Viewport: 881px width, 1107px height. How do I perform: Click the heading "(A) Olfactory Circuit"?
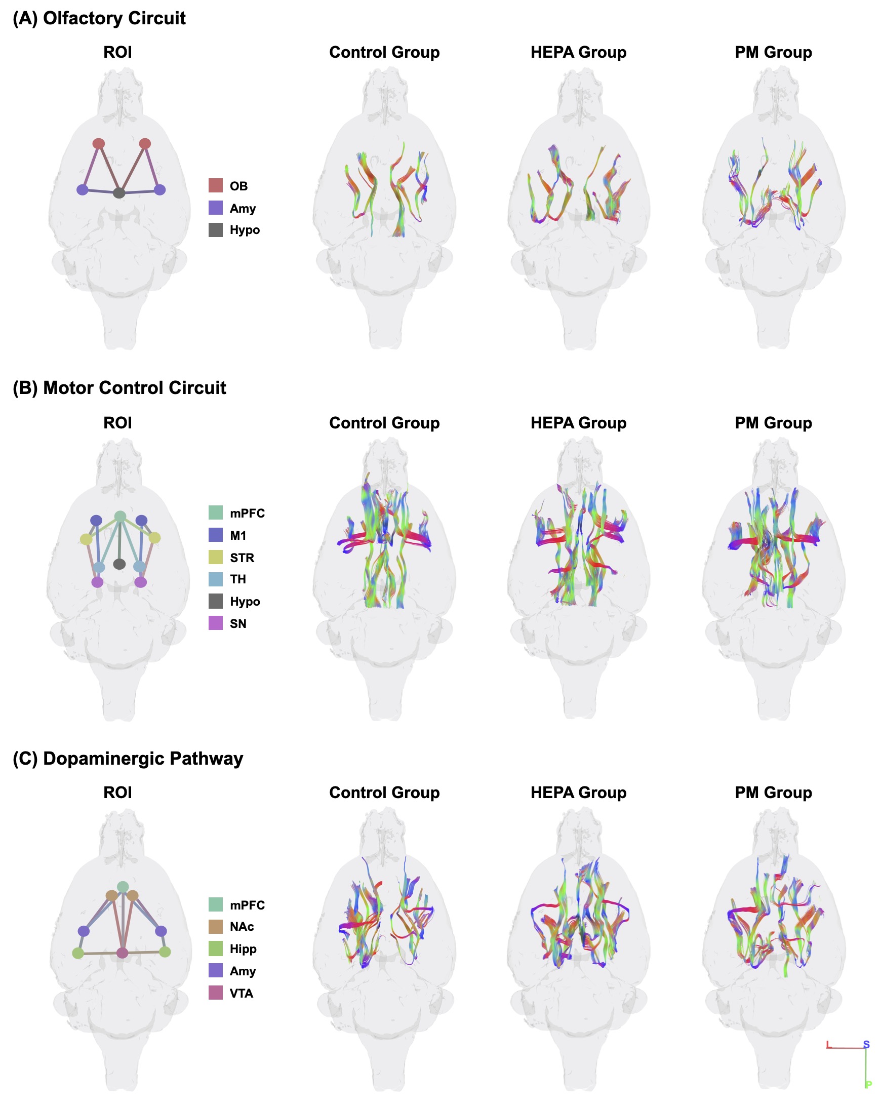tap(99, 19)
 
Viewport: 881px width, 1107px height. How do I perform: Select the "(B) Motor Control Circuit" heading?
tap(119, 388)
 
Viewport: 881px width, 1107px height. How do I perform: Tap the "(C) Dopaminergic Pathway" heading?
tap(127, 759)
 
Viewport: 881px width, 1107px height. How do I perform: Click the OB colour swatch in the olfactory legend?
tap(215, 185)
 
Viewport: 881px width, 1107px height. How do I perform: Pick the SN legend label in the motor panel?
tap(237, 623)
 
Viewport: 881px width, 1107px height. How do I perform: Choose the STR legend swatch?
tap(215, 557)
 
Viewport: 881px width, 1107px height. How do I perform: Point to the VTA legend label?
tap(241, 993)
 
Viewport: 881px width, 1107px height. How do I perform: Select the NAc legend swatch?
tap(215, 927)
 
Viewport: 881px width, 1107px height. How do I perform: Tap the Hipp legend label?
tap(243, 949)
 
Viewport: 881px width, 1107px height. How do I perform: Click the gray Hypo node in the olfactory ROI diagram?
tap(118, 192)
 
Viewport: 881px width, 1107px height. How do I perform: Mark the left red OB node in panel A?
tap(99, 143)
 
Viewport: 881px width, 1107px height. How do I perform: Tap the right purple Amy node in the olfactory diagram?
tap(159, 189)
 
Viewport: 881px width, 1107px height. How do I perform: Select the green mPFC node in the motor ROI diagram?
tap(119, 516)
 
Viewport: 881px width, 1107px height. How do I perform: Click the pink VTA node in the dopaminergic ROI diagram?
tap(122, 953)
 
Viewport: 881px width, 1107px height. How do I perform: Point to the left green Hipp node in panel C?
tap(77, 954)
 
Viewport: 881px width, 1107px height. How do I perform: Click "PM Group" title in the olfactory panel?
tap(773, 52)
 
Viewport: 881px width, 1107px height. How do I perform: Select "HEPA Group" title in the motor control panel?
tap(578, 423)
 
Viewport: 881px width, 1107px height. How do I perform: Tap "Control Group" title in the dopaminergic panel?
tap(384, 793)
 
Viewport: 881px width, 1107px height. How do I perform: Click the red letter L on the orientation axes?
tap(828, 1044)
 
